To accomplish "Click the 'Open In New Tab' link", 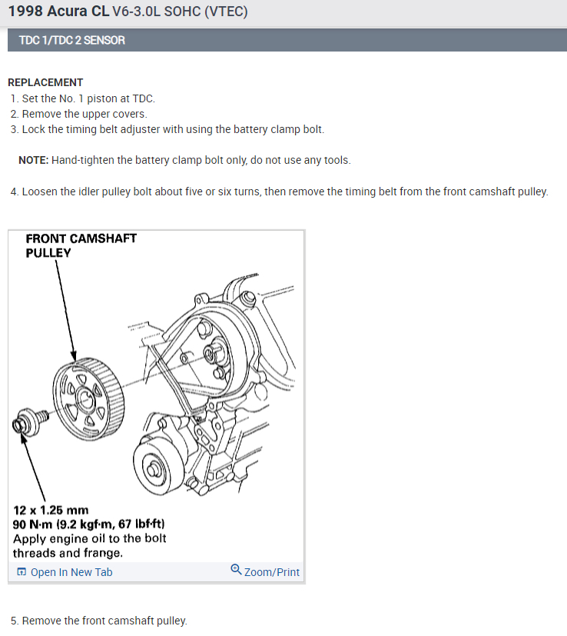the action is pyautogui.click(x=71, y=572).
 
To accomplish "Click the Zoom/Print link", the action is pyautogui.click(x=271, y=572).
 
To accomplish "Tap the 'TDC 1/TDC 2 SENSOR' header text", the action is pyautogui.click(x=71, y=40).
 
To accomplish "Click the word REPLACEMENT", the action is pyautogui.click(x=45, y=82).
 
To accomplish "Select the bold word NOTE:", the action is pyautogui.click(x=34, y=160).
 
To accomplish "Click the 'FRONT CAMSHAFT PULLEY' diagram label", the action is pyautogui.click(x=81, y=245).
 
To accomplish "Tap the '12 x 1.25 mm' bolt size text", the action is pyautogui.click(x=51, y=510).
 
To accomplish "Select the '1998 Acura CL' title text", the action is pyautogui.click(x=58, y=12).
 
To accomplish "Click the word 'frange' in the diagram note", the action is pyautogui.click(x=104, y=553).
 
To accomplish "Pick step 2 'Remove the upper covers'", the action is pyautogui.click(x=85, y=114).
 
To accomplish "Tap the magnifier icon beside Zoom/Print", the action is pyautogui.click(x=236, y=571).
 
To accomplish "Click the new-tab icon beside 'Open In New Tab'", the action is pyautogui.click(x=22, y=572).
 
